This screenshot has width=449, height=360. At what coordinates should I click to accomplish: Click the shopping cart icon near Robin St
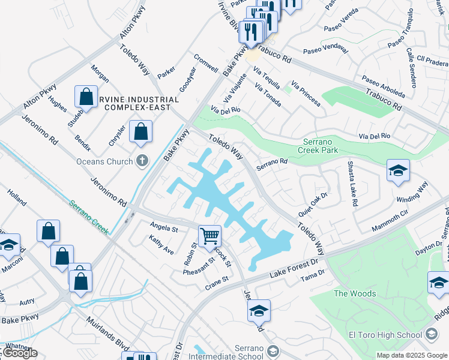(x=209, y=235)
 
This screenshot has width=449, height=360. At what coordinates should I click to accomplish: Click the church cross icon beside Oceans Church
(x=142, y=160)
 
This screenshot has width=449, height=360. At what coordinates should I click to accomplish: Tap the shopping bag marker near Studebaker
(x=86, y=97)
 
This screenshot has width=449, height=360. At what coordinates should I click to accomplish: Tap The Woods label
(x=355, y=293)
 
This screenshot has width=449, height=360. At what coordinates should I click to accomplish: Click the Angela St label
(x=164, y=229)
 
